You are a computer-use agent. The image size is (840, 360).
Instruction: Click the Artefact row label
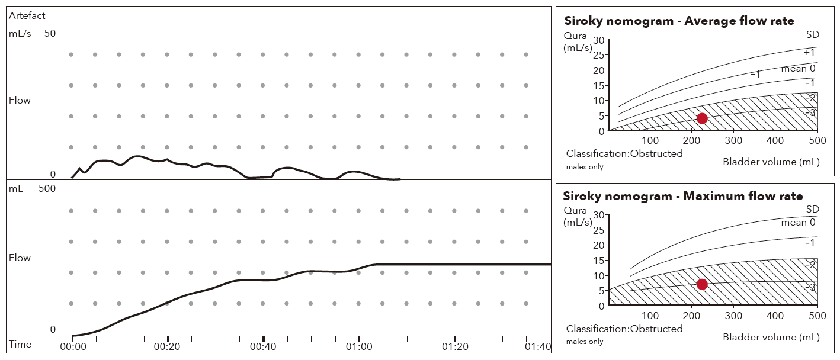(x=27, y=16)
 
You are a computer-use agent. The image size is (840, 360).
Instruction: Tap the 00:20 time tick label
(x=168, y=346)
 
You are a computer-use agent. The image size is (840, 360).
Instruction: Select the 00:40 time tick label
(x=264, y=346)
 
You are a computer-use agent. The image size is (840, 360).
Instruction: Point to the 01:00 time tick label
(x=359, y=346)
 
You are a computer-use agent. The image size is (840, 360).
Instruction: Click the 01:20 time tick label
(x=455, y=346)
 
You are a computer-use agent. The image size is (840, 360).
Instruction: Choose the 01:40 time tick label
(x=538, y=346)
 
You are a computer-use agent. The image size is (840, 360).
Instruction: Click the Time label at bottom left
(x=21, y=345)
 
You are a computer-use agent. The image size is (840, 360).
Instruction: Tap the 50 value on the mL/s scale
(x=50, y=34)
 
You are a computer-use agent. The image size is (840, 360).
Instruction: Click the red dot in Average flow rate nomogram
(x=702, y=118)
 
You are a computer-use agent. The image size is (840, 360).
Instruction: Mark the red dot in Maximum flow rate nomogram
(x=702, y=284)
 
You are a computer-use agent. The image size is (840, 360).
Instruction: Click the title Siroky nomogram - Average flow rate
(x=679, y=21)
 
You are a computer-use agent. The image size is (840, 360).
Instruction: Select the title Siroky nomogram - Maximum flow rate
(x=683, y=196)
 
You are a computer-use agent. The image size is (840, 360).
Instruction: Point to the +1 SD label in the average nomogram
(x=809, y=53)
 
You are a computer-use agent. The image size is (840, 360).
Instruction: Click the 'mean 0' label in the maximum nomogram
(x=798, y=223)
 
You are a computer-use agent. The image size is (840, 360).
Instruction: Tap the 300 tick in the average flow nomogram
(x=734, y=141)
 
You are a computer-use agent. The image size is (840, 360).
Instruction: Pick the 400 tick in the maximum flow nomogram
(x=775, y=316)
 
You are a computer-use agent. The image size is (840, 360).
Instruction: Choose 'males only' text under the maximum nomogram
(x=585, y=342)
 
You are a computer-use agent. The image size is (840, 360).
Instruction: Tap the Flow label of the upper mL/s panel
(x=20, y=101)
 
